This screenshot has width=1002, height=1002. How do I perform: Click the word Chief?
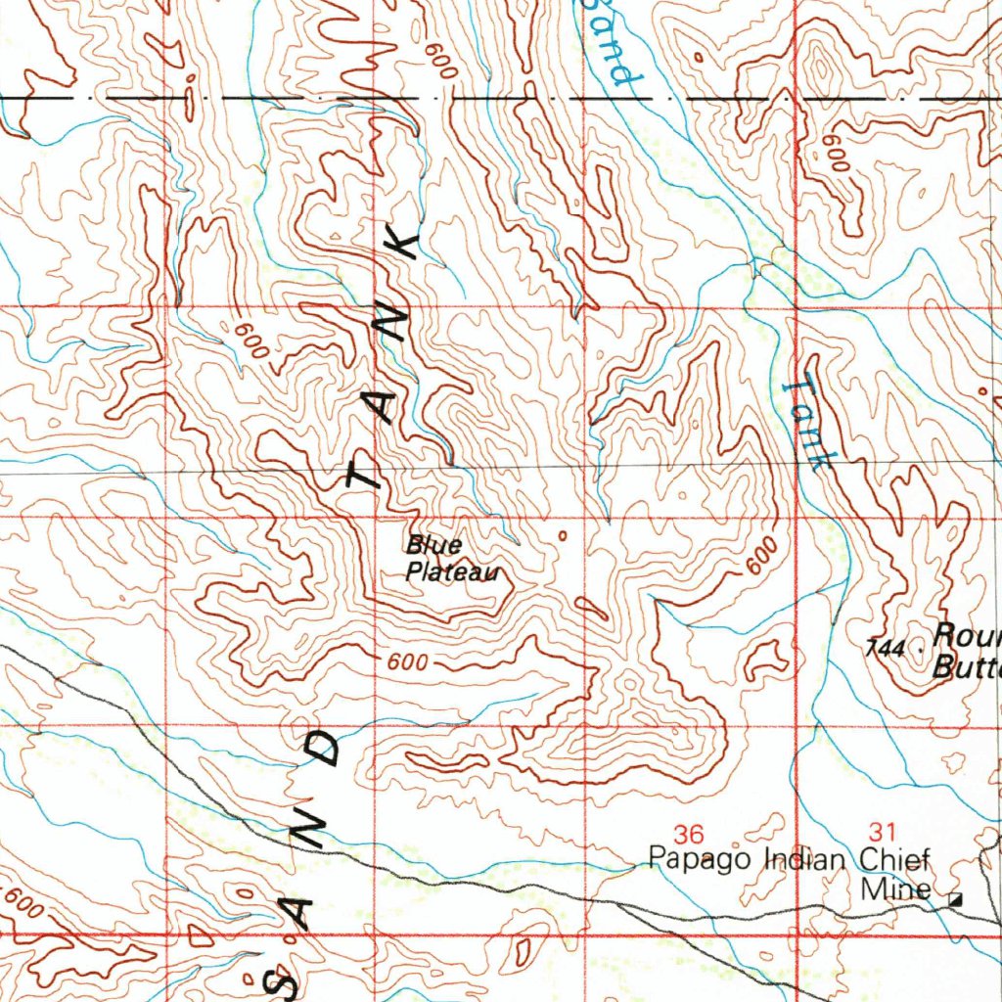click(x=893, y=861)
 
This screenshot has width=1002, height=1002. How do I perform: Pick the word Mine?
click(x=895, y=889)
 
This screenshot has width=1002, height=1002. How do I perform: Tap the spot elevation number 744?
click(x=885, y=647)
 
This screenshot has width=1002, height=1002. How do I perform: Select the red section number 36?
click(x=690, y=834)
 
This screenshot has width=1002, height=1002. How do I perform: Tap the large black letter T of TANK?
click(x=364, y=477)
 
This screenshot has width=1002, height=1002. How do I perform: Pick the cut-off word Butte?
click(x=967, y=668)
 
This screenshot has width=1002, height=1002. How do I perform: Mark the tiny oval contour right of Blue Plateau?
click(x=562, y=535)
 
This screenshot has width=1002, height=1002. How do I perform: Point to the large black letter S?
click(x=286, y=981)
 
